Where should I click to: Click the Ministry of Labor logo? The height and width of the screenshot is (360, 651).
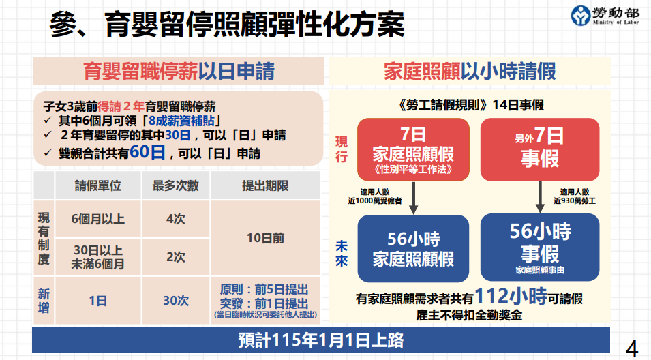605,16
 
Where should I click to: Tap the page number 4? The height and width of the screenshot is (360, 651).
631,348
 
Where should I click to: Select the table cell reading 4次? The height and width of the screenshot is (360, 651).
176,219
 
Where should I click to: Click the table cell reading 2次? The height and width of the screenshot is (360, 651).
176,257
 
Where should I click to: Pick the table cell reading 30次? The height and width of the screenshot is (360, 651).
176,300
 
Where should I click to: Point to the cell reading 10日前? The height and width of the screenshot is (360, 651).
265,238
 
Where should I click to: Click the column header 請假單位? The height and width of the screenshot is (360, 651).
98,185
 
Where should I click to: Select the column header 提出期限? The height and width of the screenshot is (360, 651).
265,185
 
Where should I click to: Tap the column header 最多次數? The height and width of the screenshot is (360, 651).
176,185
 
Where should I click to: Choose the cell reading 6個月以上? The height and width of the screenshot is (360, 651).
98,219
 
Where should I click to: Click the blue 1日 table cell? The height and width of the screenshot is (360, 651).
98,300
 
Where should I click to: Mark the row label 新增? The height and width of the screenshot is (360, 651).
44,300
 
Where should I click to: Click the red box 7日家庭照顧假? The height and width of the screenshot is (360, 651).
413,149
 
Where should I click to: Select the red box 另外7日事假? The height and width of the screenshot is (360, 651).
540,149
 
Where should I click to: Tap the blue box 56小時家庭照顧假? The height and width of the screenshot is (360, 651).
413,248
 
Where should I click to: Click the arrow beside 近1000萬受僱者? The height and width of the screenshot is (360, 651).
414,198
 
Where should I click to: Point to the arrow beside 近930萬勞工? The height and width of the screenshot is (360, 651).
540,197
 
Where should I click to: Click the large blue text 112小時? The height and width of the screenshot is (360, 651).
511,296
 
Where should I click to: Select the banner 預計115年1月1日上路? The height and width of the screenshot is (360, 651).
321,340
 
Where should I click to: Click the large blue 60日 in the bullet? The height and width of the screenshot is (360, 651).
147,152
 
